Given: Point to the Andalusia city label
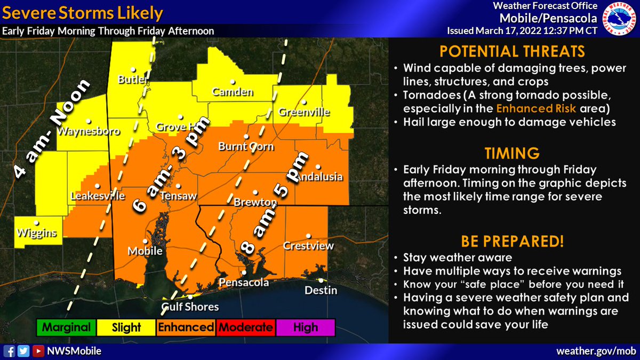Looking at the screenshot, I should point(318,177).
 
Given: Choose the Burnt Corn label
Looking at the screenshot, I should point(246,146).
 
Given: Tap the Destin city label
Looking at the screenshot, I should point(321,290).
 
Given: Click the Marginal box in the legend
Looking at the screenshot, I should point(67,327).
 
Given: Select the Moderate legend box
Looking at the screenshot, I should point(245,327).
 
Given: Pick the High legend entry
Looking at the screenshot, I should point(305,327).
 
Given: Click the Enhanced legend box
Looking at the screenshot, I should point(186,327).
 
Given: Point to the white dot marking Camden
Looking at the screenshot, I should point(233,82).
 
